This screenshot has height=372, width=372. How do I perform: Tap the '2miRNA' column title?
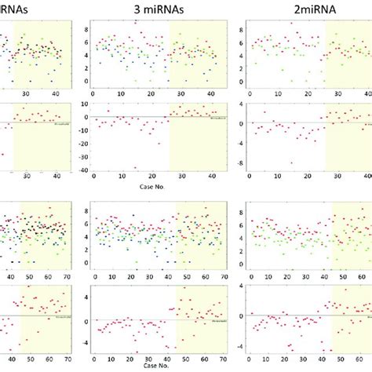tap(300, 9)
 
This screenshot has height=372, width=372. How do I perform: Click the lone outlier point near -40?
tap(135, 168)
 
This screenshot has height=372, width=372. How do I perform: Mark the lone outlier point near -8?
tap(291, 163)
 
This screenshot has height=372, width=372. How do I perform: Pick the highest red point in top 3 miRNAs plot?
tap(135, 23)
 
